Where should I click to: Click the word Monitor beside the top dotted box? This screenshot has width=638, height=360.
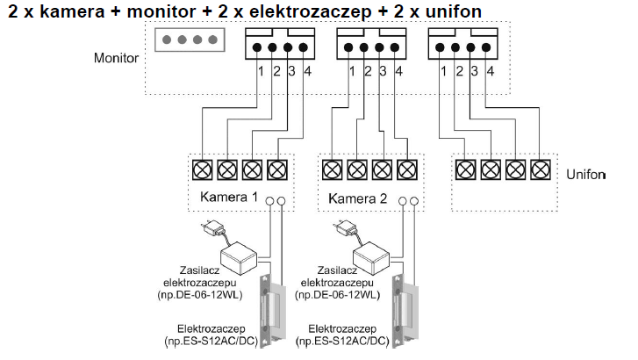click(x=116, y=58)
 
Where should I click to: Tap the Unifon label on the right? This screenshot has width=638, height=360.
click(x=586, y=175)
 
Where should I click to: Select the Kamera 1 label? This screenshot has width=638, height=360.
click(x=229, y=197)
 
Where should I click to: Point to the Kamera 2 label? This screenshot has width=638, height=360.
click(x=357, y=198)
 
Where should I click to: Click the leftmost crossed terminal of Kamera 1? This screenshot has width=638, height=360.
click(x=202, y=169)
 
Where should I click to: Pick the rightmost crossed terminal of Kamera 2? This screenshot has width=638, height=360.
click(x=407, y=169)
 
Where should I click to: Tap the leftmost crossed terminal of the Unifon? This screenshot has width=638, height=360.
click(x=466, y=169)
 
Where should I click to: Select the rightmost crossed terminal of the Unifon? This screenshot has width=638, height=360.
click(x=541, y=169)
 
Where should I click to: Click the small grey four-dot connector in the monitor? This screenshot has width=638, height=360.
click(x=190, y=40)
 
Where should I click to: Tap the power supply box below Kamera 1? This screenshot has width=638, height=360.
click(x=239, y=257)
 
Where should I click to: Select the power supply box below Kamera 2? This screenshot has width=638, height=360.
click(x=371, y=257)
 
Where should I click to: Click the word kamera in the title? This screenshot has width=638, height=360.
click(x=73, y=11)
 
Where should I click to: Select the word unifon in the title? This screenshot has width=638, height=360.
click(x=454, y=11)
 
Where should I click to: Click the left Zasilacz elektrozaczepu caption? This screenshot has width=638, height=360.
click(x=199, y=276)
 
